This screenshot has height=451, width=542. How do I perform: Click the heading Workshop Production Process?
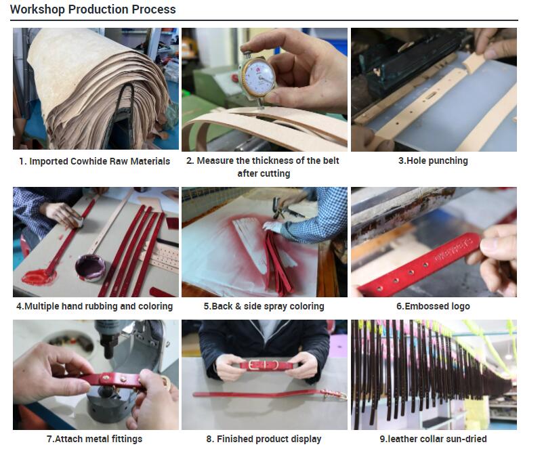click(x=93, y=9)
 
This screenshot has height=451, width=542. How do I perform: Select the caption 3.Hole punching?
click(x=433, y=160)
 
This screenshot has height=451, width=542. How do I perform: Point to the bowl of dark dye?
click(x=90, y=267)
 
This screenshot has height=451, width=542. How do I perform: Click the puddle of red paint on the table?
click(x=39, y=277)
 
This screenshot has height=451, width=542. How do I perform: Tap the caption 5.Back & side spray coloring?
click(x=264, y=306)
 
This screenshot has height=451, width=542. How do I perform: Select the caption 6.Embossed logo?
click(x=433, y=306)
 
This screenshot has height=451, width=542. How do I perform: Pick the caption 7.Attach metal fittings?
click(x=94, y=439)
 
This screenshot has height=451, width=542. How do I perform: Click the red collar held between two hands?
click(x=267, y=365)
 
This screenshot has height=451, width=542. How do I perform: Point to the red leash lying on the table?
click(x=270, y=394)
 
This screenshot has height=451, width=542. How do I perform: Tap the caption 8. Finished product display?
click(x=264, y=439)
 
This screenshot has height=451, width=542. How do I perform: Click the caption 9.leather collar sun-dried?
click(x=433, y=439)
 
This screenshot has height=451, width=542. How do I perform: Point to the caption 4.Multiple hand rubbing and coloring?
click(x=94, y=306)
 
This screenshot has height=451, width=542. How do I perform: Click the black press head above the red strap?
click(x=108, y=339)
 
